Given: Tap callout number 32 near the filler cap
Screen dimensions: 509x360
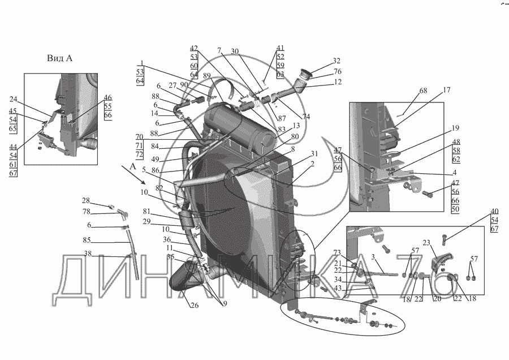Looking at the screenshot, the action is (337, 61).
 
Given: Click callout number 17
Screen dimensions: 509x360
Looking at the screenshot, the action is (446, 89).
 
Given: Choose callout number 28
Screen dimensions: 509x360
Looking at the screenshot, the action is (85, 200).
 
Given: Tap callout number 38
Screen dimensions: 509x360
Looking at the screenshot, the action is (88, 253).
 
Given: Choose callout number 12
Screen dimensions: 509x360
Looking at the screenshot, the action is (337, 83).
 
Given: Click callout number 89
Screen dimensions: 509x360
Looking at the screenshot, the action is (206, 75).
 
